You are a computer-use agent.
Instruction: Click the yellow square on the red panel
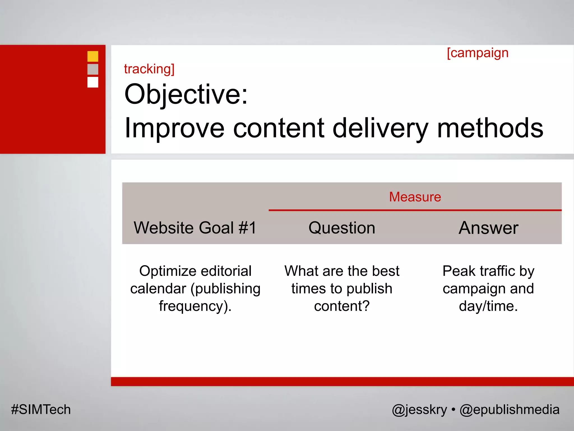click(93, 56)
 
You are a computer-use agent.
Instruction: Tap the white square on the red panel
click(93, 82)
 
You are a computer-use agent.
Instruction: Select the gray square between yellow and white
click(93, 69)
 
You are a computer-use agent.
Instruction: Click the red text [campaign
click(478, 53)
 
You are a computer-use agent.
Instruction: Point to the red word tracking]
click(149, 69)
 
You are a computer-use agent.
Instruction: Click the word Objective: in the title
click(186, 94)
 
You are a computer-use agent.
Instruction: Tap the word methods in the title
click(490, 128)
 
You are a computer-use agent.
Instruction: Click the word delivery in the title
click(380, 129)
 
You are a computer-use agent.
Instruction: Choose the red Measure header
click(415, 197)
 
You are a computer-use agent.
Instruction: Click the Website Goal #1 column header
click(195, 228)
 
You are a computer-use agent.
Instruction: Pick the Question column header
click(342, 228)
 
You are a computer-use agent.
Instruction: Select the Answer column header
click(488, 228)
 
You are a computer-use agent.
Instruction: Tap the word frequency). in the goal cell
click(195, 306)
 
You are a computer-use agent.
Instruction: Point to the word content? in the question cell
click(342, 306)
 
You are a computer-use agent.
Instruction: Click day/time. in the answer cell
click(488, 306)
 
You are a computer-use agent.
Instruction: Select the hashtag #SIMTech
click(41, 410)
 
